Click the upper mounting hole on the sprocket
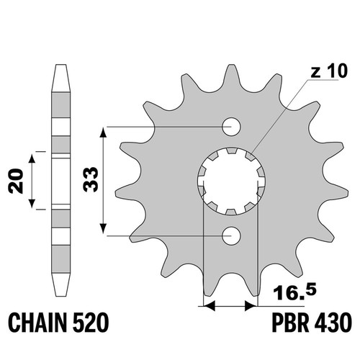[231, 127]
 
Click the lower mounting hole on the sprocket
[231, 236]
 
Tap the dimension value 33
[91, 179]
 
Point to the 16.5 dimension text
[295, 292]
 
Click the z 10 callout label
[329, 71]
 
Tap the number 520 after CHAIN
[91, 323]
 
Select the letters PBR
[290, 323]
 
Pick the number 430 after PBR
[333, 323]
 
